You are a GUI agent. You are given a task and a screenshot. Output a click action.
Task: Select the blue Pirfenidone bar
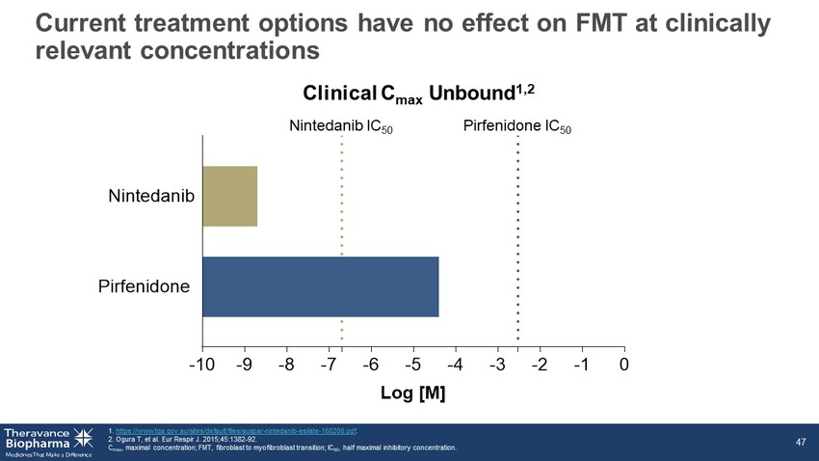click(x=320, y=286)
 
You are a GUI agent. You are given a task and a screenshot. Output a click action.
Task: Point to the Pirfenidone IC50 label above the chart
click(x=516, y=126)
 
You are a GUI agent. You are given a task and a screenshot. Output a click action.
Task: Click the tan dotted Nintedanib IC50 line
click(x=342, y=241)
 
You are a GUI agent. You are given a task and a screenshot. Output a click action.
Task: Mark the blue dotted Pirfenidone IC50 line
click(x=517, y=241)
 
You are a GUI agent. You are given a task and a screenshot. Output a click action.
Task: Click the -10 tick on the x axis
click(x=202, y=364)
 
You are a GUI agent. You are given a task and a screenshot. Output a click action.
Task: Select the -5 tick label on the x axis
click(x=411, y=364)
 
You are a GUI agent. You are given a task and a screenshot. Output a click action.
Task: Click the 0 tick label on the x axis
click(x=624, y=364)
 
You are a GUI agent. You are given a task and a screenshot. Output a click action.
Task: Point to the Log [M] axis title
click(x=414, y=393)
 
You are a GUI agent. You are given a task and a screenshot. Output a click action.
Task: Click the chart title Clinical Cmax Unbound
click(x=417, y=94)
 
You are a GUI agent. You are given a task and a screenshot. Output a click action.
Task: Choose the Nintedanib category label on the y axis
click(x=151, y=196)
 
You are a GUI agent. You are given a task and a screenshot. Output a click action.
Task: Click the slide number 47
click(x=800, y=441)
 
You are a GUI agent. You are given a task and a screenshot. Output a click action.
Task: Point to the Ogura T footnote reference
click(x=172, y=439)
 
